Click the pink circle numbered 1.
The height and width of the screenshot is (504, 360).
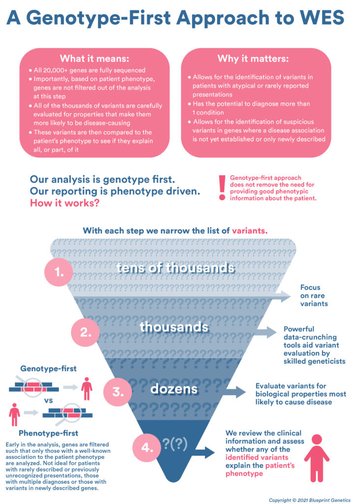click(x=59, y=271)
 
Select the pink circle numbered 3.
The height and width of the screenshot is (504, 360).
click(x=117, y=392)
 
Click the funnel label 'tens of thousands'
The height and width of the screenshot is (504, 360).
click(x=175, y=268)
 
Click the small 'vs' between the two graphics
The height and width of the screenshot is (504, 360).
click(x=49, y=400)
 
